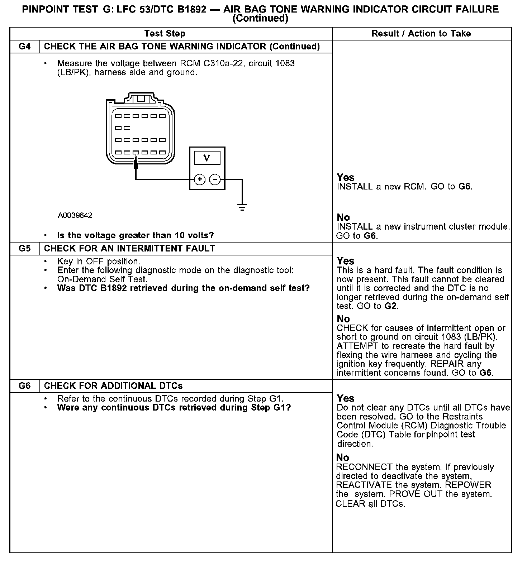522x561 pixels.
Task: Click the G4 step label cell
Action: pos(24,47)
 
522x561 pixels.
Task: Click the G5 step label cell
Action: pos(24,249)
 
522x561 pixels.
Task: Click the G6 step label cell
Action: pos(24,386)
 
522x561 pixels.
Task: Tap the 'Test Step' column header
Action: pos(165,34)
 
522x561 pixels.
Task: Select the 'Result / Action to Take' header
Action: pos(421,34)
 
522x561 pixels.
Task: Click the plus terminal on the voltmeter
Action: pos(200,179)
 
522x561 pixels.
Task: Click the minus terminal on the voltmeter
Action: pos(215,179)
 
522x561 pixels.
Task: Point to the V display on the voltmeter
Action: pos(207,158)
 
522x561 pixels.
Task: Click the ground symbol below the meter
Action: pos(242,207)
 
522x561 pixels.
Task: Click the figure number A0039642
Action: pos(75,215)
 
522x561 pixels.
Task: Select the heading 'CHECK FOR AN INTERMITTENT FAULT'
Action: pos(129,249)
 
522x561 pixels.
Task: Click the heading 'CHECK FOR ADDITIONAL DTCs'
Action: pos(113,386)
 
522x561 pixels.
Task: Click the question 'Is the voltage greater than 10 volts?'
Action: pos(136,235)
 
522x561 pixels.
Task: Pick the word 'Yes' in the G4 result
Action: pos(345,177)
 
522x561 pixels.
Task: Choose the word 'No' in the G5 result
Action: pos(343,318)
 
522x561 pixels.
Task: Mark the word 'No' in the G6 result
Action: pos(343,457)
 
